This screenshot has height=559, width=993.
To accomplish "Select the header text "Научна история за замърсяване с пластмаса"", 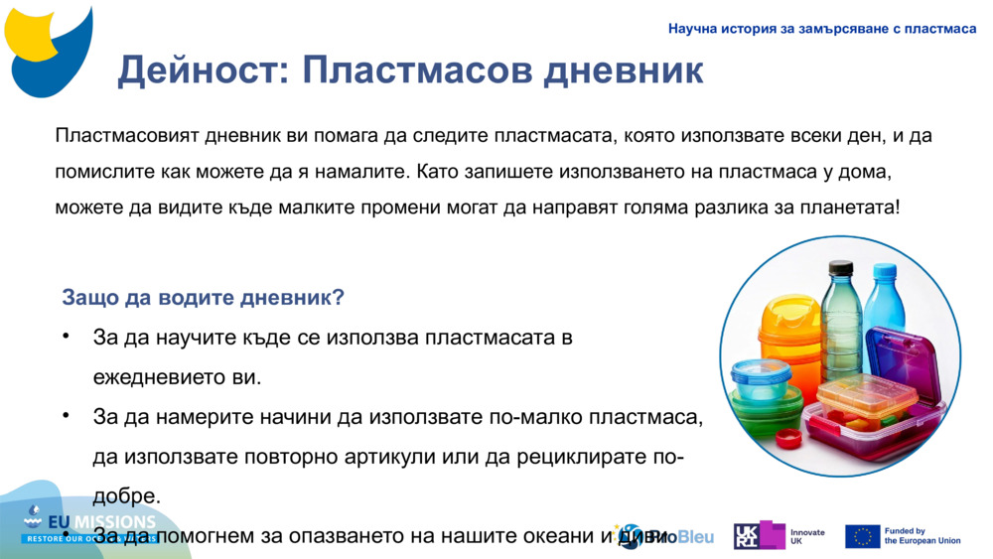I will click(x=822, y=29).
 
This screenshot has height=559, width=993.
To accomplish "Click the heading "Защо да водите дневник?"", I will click(x=204, y=298).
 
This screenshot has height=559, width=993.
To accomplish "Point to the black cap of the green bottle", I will click(x=841, y=267).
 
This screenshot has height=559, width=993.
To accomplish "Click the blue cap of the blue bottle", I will click(x=883, y=270).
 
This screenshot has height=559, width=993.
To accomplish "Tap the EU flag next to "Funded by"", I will click(x=862, y=536).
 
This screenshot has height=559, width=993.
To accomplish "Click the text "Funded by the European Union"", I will click(x=922, y=536).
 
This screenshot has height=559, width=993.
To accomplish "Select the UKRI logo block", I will click(x=759, y=536).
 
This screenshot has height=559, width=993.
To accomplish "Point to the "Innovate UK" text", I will click(x=807, y=536).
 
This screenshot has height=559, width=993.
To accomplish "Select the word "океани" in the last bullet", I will click(x=558, y=537).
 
